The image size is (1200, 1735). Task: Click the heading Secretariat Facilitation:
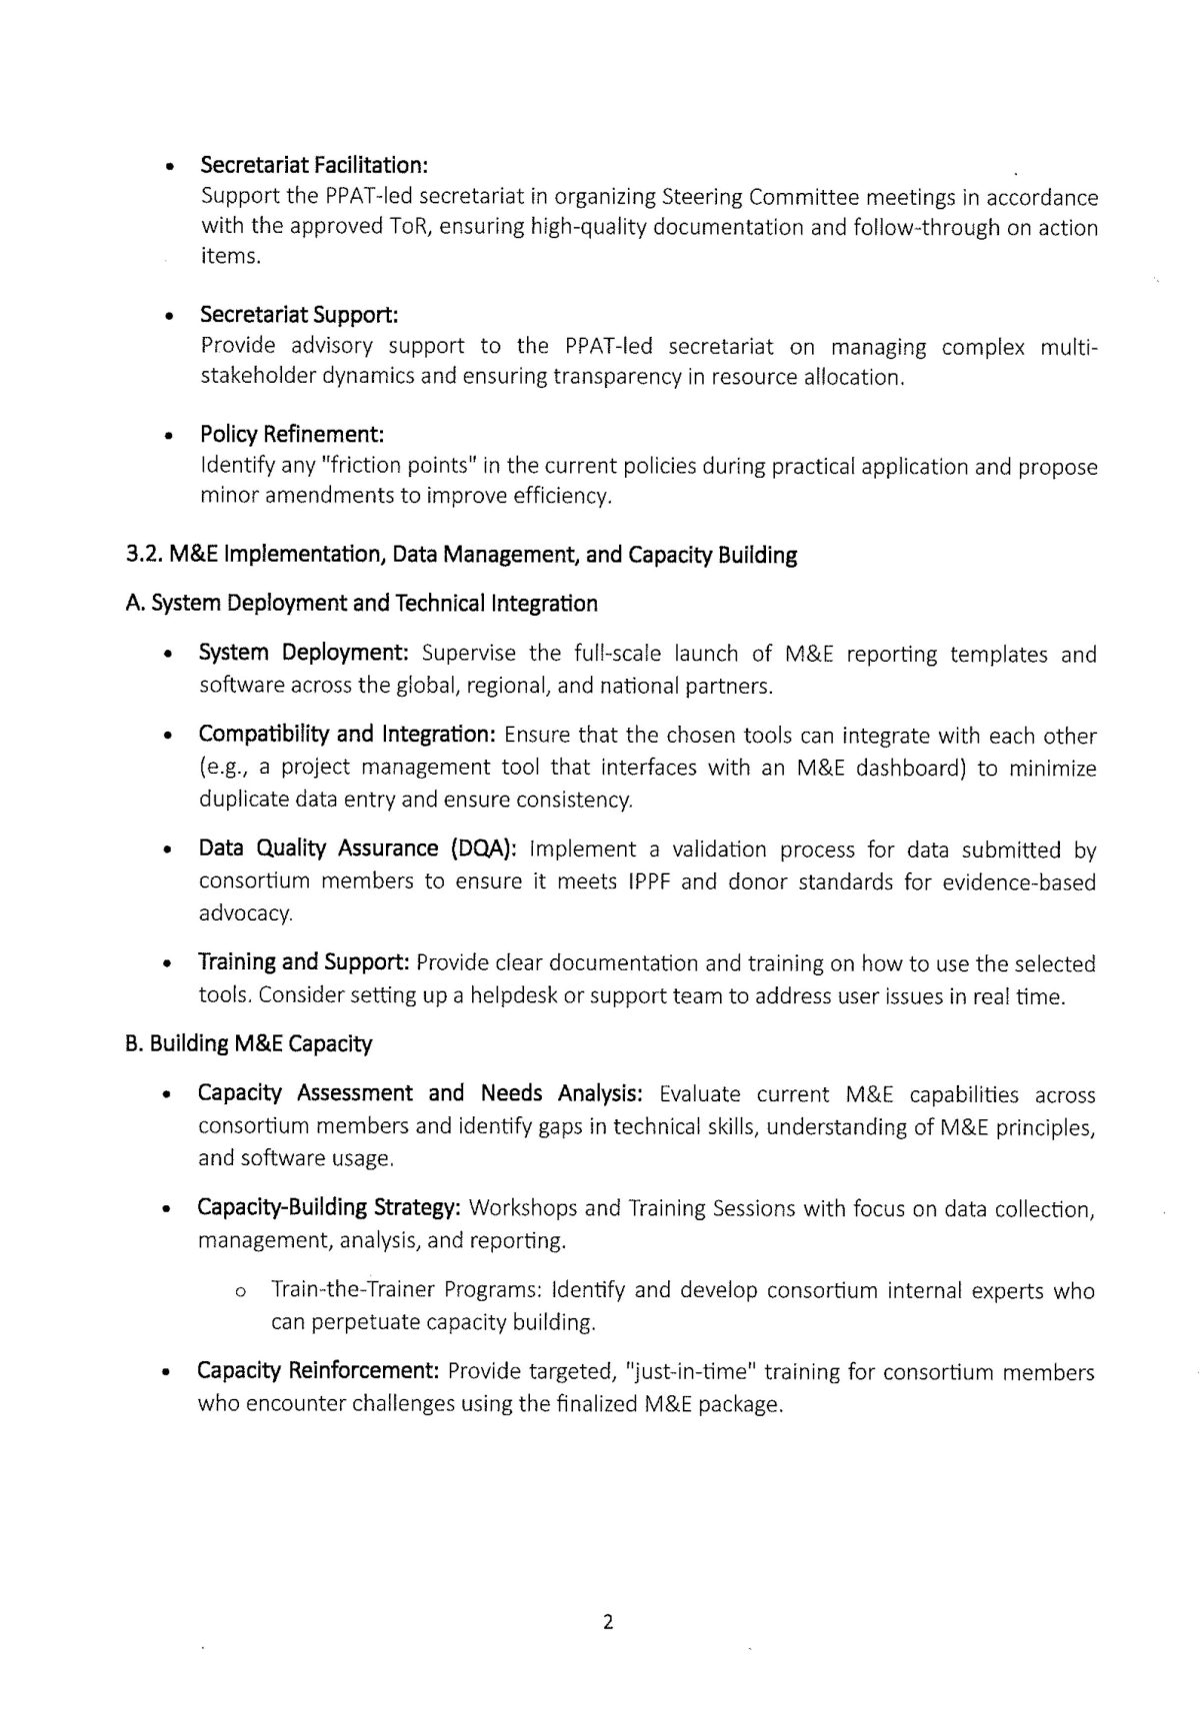[x=314, y=164]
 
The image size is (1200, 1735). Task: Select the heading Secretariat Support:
[x=299, y=315]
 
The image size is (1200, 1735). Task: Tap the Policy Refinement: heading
[x=292, y=435]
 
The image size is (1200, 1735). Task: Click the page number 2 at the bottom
[x=607, y=1621]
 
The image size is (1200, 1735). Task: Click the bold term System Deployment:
[x=304, y=654]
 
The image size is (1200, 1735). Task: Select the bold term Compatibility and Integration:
[x=347, y=735]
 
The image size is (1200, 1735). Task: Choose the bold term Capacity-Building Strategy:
[x=328, y=1207]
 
